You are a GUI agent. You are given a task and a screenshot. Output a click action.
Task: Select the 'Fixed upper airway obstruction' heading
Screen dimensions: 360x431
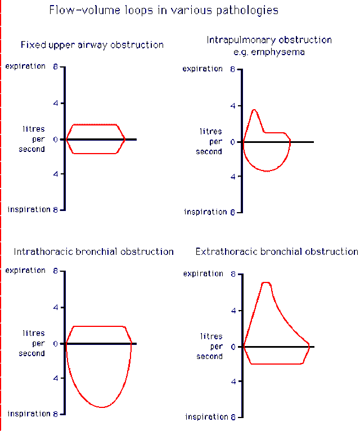92,44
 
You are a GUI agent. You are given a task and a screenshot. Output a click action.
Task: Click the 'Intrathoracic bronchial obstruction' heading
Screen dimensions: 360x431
93,252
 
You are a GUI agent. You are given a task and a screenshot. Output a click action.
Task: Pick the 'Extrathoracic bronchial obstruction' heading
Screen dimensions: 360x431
276,252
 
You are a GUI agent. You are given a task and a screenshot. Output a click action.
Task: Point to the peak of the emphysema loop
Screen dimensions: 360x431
254,110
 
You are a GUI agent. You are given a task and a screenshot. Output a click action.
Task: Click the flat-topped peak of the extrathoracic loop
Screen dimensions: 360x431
266,282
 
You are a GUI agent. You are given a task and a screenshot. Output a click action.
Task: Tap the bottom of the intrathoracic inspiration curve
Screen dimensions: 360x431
101,407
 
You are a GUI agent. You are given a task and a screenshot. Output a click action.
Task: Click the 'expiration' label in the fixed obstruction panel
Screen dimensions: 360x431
25,66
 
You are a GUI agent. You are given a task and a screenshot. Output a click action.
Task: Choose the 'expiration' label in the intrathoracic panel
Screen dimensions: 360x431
25,270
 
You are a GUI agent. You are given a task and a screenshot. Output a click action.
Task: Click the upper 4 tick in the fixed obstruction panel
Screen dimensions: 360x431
56,103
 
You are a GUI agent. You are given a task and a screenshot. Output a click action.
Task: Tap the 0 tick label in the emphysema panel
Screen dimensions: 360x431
233,142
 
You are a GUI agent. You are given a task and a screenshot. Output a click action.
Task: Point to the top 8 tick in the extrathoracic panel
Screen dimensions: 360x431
233,274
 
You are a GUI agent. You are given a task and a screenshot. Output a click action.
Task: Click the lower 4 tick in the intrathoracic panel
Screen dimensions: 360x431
56,378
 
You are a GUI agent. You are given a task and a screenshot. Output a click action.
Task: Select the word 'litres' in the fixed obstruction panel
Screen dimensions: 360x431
34,129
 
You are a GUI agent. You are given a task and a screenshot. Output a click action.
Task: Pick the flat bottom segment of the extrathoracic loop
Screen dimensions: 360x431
276,364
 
